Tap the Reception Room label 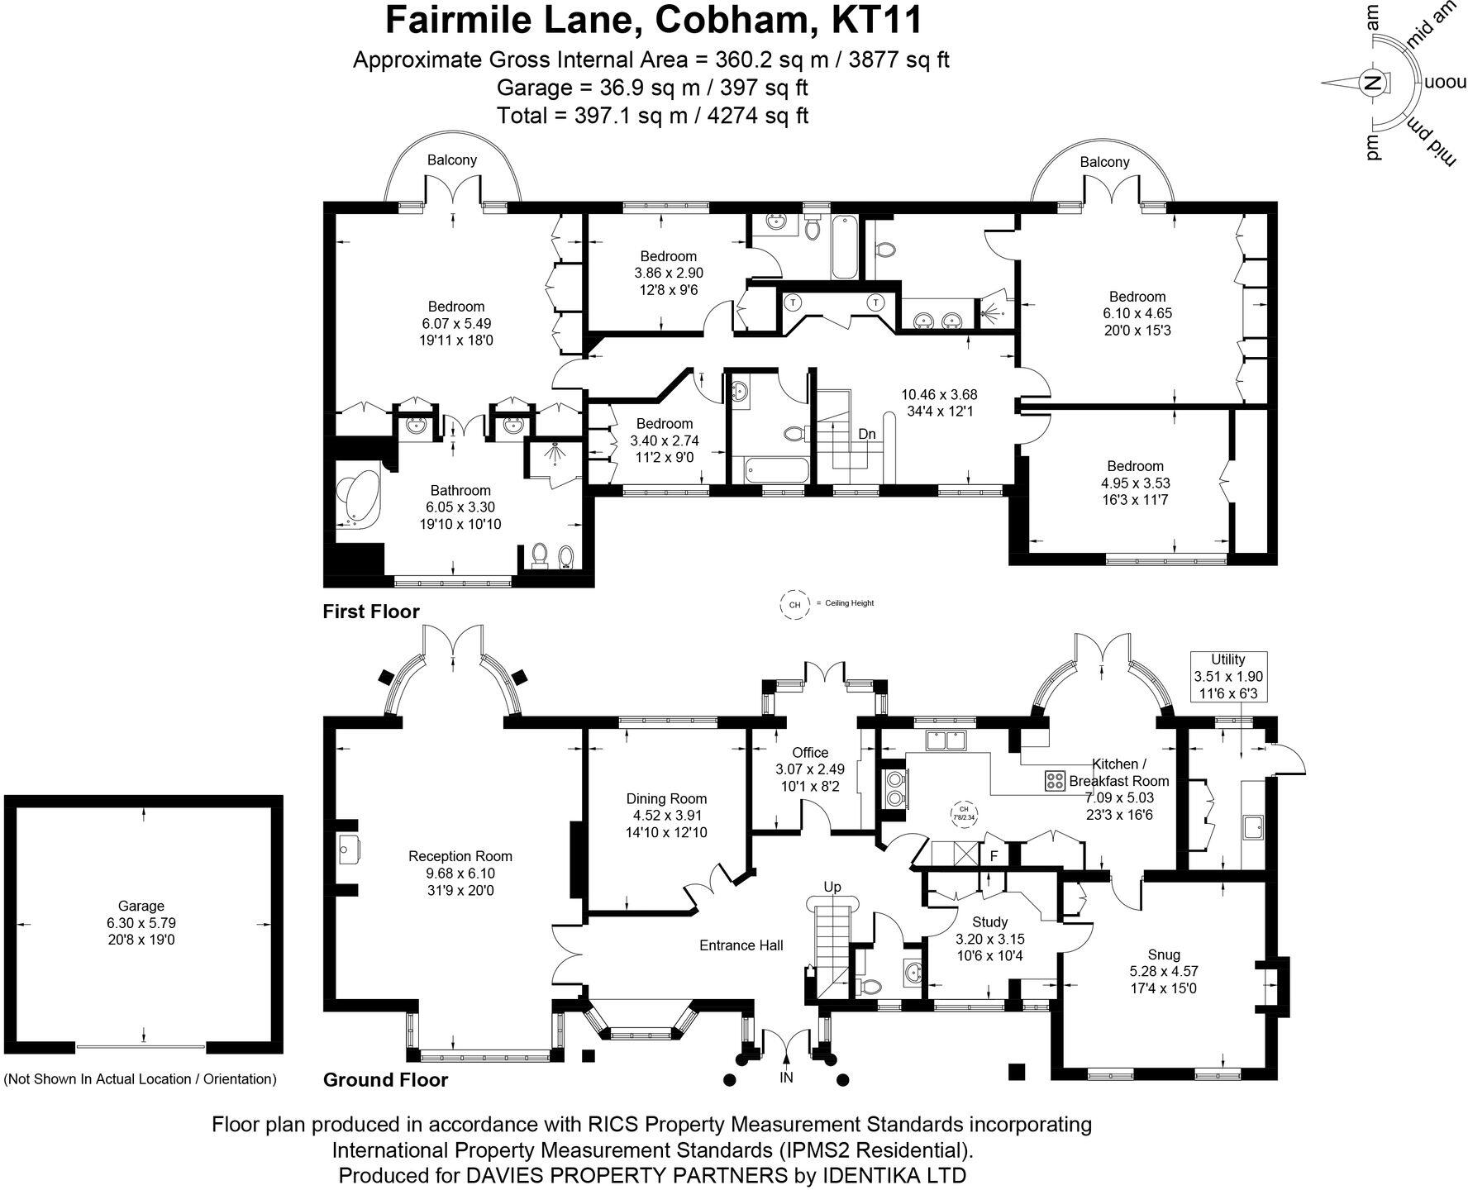(x=460, y=856)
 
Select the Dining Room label (x=666, y=798)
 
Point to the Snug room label (x=1164, y=954)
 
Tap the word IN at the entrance (x=786, y=1078)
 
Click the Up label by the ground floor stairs (x=832, y=888)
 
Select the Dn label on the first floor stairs (x=866, y=434)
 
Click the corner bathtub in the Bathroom (x=357, y=501)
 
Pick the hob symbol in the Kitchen (x=1055, y=781)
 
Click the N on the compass (x=1372, y=83)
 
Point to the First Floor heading (x=371, y=612)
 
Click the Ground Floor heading (x=385, y=1079)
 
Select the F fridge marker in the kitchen (x=994, y=856)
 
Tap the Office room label (x=809, y=752)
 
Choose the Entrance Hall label (x=741, y=945)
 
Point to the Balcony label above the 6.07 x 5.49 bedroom (x=451, y=159)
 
